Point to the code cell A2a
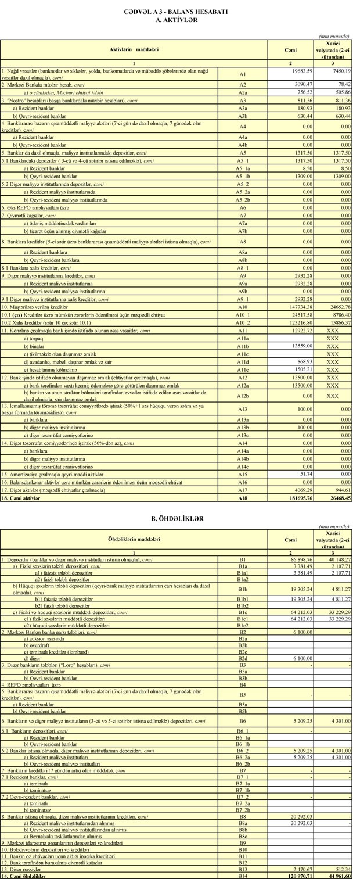click(x=243, y=91)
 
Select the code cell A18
click(x=243, y=498)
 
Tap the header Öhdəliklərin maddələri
click(x=134, y=540)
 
